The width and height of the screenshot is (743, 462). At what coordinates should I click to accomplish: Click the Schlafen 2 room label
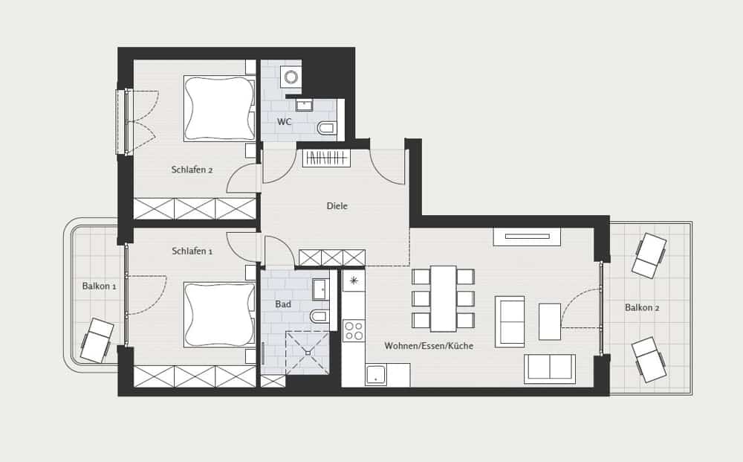[x=192, y=170]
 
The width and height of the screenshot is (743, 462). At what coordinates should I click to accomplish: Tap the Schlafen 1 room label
[x=192, y=251]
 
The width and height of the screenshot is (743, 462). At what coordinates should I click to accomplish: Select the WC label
[x=285, y=122]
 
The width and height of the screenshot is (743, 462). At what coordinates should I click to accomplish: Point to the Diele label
[x=337, y=206]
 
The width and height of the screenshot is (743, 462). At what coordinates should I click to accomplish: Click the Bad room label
[x=283, y=304]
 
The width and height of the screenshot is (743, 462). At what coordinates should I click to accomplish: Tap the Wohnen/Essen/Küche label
[x=429, y=346]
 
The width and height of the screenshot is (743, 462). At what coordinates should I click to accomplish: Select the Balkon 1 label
[x=99, y=286]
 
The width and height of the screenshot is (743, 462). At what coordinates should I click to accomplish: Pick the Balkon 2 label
[x=642, y=307]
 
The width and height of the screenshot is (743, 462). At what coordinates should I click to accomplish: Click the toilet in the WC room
[x=326, y=128]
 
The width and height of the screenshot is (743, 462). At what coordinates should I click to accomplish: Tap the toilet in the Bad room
[x=319, y=316]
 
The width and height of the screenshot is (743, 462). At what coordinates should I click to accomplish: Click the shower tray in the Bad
[x=308, y=353]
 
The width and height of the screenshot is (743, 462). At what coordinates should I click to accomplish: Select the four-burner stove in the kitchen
[x=354, y=330]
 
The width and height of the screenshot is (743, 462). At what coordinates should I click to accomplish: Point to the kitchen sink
[x=376, y=375]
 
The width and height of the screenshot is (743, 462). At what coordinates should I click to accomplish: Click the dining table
[x=444, y=298]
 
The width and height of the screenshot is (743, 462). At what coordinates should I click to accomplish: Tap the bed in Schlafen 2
[x=219, y=108]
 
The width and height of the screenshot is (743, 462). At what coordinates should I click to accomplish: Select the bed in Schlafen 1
[x=219, y=315]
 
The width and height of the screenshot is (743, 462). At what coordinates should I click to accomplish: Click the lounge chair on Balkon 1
[x=97, y=340]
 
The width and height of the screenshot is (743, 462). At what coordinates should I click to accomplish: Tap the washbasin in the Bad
[x=320, y=289]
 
